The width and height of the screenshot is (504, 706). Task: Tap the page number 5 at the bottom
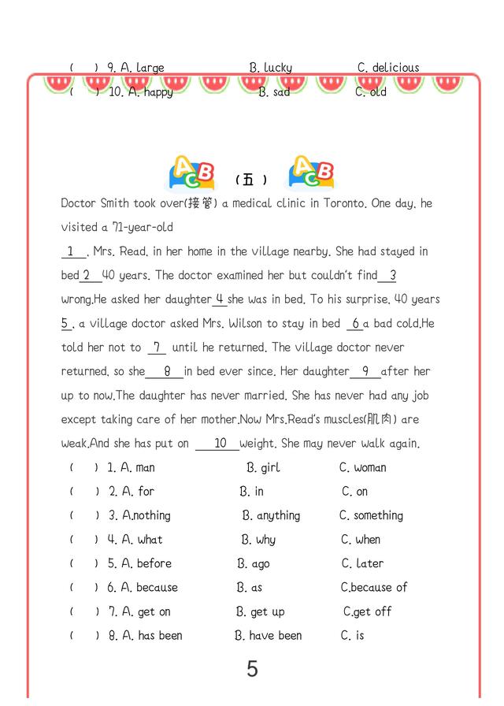[x=252, y=669]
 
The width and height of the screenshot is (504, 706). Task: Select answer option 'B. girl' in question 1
[x=263, y=467]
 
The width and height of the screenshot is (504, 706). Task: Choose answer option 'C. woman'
[x=363, y=467]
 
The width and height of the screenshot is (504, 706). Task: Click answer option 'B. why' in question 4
[x=258, y=540]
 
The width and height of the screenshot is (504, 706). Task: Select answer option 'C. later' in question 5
[x=362, y=563]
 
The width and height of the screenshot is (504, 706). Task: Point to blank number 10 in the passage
[x=220, y=444]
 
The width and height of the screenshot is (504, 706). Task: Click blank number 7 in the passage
[x=157, y=347]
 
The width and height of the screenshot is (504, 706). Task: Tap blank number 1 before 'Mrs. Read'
[x=72, y=251]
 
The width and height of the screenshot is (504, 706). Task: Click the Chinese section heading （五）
[x=251, y=180]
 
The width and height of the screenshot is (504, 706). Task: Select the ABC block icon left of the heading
[x=192, y=173]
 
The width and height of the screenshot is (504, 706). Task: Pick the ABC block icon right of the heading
[x=311, y=173]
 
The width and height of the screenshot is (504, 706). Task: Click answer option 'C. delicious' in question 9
[x=388, y=68]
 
